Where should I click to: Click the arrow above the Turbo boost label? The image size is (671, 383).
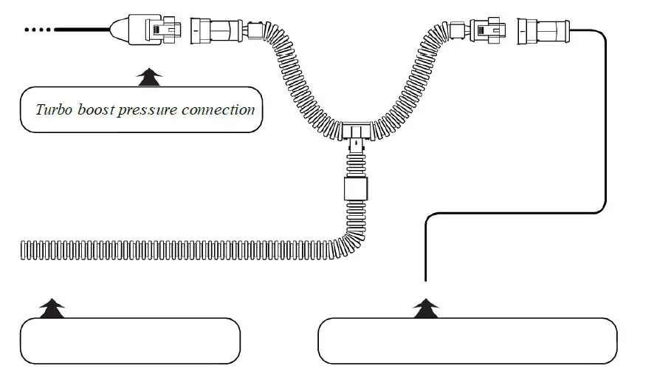(151, 74)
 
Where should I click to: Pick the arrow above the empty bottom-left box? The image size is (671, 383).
(50, 308)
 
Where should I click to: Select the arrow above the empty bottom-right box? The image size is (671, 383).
(425, 308)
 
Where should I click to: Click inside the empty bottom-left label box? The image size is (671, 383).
(130, 341)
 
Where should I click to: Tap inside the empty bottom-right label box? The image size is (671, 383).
(467, 341)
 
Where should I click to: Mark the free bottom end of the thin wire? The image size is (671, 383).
(426, 279)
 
